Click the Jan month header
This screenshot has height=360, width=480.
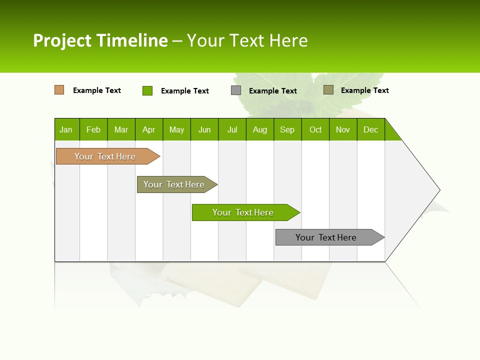click(66, 129)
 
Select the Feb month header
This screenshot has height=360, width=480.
click(93, 129)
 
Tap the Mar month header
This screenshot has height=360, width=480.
click(121, 129)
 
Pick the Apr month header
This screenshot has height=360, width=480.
click(149, 129)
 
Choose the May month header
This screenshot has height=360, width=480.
click(176, 129)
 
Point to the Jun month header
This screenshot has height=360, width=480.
click(204, 129)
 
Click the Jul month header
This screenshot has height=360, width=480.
click(232, 129)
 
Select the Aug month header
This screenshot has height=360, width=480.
click(260, 129)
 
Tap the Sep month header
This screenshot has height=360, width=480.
click(287, 129)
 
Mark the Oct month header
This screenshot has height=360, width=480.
click(315, 129)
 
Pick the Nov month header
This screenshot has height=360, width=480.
click(343, 129)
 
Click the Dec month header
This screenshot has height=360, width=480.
click(371, 129)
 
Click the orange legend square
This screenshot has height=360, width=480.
click(59, 90)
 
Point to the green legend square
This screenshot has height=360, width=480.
click(147, 90)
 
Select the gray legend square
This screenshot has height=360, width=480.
click(236, 90)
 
